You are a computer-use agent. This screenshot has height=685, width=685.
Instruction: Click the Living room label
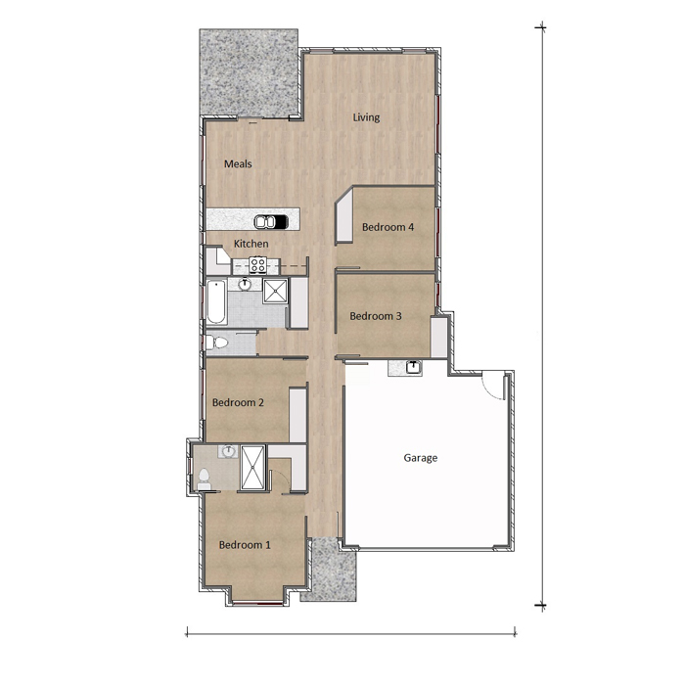pyautogui.click(x=366, y=117)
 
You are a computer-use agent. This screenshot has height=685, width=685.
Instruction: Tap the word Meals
pyautogui.click(x=238, y=163)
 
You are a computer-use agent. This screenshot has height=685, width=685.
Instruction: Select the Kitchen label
pyautogui.click(x=251, y=244)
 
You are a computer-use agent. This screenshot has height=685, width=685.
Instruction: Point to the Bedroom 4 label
pyautogui.click(x=388, y=227)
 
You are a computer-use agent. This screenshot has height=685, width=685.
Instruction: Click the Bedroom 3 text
pyautogui.click(x=376, y=316)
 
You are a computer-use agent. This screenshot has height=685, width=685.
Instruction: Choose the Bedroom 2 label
pyautogui.click(x=238, y=402)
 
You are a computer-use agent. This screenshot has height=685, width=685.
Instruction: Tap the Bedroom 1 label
pyautogui.click(x=245, y=545)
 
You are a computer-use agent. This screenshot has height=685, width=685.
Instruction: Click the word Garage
pyautogui.click(x=420, y=458)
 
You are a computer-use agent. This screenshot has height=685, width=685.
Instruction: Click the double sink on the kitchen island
pyautogui.click(x=271, y=222)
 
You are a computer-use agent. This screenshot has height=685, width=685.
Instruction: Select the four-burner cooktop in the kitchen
pyautogui.click(x=257, y=265)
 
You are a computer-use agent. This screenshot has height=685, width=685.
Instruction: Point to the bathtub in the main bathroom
pyautogui.click(x=216, y=302)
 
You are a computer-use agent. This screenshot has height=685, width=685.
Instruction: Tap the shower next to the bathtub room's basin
pyautogui.click(x=275, y=291)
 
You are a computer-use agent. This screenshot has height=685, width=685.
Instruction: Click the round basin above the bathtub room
pyautogui.click(x=245, y=285)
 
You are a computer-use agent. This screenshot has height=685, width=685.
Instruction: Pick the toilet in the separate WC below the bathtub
pyautogui.click(x=217, y=342)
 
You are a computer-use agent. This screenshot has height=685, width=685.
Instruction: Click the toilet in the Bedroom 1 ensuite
pyautogui.click(x=204, y=479)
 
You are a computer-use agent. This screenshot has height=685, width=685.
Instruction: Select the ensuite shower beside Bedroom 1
pyautogui.click(x=252, y=467)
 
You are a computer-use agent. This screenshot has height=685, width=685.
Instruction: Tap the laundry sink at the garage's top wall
pyautogui.click(x=413, y=367)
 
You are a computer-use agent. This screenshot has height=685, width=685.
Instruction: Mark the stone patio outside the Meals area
pyautogui.click(x=249, y=73)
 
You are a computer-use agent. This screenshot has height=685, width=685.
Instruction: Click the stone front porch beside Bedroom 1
pyautogui.click(x=332, y=571)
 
